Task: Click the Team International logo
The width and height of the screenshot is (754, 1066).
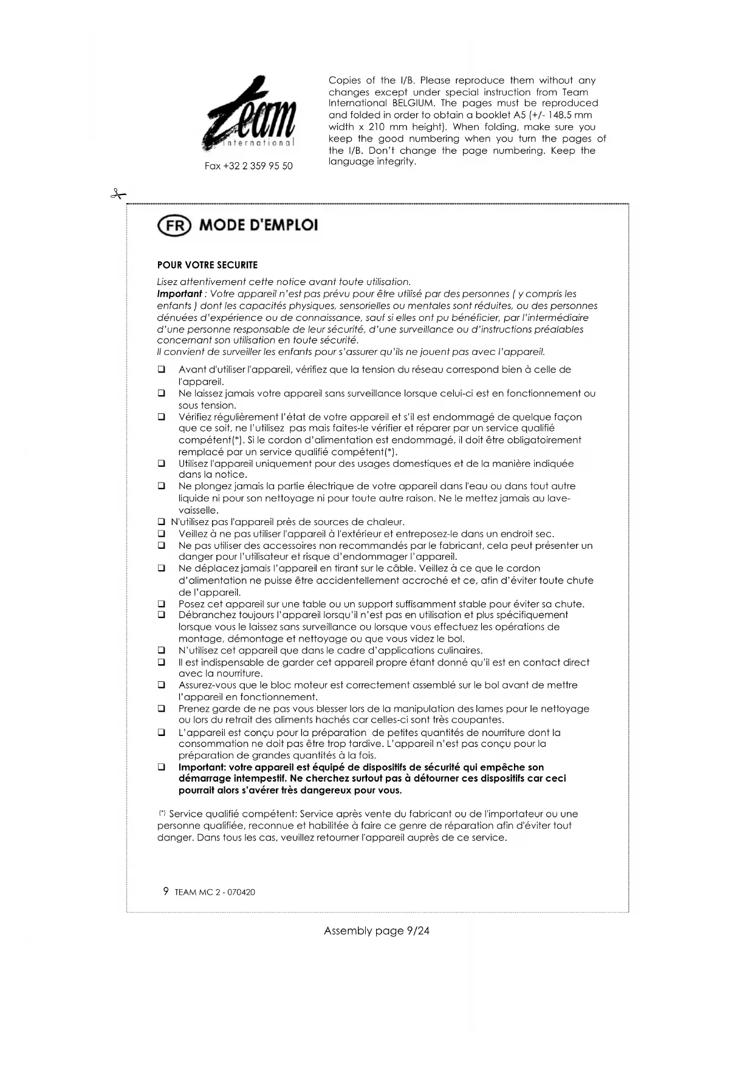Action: [250, 114]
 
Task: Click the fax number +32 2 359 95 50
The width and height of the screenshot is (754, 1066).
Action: [248, 166]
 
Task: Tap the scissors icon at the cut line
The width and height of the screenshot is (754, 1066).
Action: [118, 194]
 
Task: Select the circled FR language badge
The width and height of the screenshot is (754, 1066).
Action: [174, 225]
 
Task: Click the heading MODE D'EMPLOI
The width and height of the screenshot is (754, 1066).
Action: [258, 225]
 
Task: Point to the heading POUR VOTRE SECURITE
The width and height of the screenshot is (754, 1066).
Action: [207, 265]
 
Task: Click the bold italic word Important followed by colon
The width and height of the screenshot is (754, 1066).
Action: [179, 294]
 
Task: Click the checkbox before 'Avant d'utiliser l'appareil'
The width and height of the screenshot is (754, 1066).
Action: [162, 370]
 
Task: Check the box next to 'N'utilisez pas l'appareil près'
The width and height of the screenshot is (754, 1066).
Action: [162, 522]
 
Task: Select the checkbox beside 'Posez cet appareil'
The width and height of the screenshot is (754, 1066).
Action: [162, 604]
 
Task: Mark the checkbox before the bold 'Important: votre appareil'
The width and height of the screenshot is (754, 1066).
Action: [162, 767]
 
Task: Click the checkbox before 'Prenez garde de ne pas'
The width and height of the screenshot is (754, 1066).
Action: [162, 709]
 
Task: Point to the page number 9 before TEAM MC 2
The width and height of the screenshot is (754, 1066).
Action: [166, 892]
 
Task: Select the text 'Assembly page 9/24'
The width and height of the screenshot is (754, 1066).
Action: [377, 930]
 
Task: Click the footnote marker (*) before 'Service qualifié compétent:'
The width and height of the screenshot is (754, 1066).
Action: [162, 813]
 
